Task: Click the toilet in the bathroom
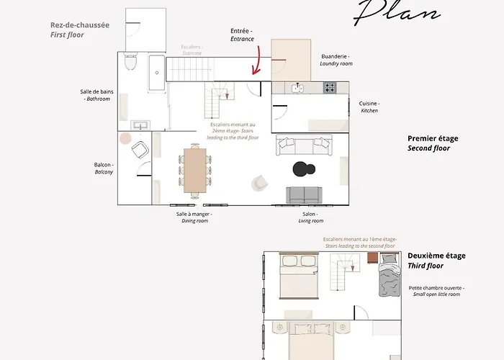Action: [x=130, y=63]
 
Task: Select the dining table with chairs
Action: [x=195, y=169]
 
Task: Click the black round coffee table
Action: [x=303, y=169]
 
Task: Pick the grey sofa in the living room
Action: [x=305, y=194]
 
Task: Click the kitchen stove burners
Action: [x=329, y=88]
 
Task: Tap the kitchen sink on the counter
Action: [x=299, y=88]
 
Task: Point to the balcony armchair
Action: [x=140, y=150]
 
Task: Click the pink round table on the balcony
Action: [x=125, y=138]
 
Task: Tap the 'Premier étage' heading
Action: [x=433, y=139]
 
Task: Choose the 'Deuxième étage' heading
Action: [x=436, y=256]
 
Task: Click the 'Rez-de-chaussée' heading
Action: [x=80, y=24]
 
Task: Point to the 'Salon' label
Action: [x=310, y=214]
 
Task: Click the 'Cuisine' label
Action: [x=369, y=103]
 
